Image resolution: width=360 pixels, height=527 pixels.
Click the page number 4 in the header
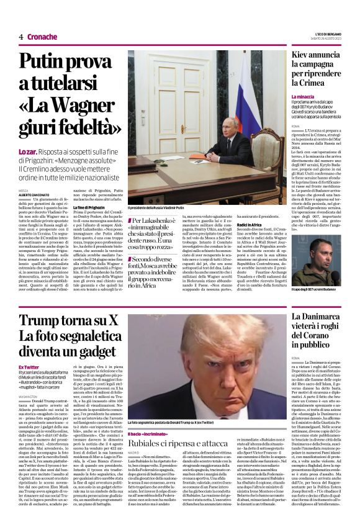coord(20,37)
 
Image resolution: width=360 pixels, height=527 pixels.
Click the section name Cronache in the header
coord(42,37)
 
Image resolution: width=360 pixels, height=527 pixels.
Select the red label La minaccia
coord(304,97)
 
